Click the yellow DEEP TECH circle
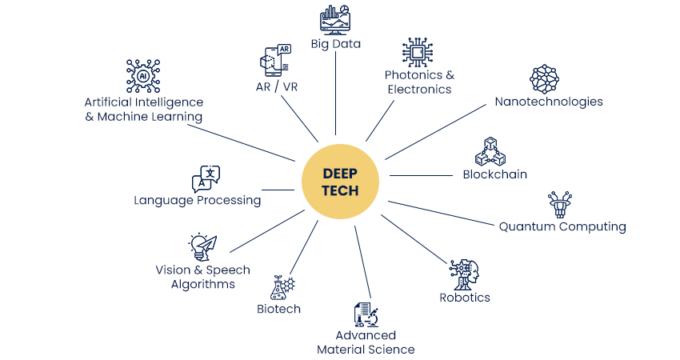[x=341, y=182]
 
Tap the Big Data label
[x=336, y=44]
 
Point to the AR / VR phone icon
[x=275, y=60]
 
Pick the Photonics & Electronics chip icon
[x=418, y=53]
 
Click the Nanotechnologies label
[x=549, y=102]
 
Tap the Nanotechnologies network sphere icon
[x=546, y=78]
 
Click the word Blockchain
[x=494, y=174]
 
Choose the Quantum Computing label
[x=562, y=226]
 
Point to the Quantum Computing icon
[x=560, y=204]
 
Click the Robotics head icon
[x=464, y=274]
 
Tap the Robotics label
[x=465, y=298]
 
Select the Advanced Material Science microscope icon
[x=366, y=315]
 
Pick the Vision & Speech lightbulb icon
[x=202, y=246]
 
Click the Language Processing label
[x=198, y=200]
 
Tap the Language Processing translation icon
[x=205, y=178]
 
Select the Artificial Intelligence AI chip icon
[x=144, y=76]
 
